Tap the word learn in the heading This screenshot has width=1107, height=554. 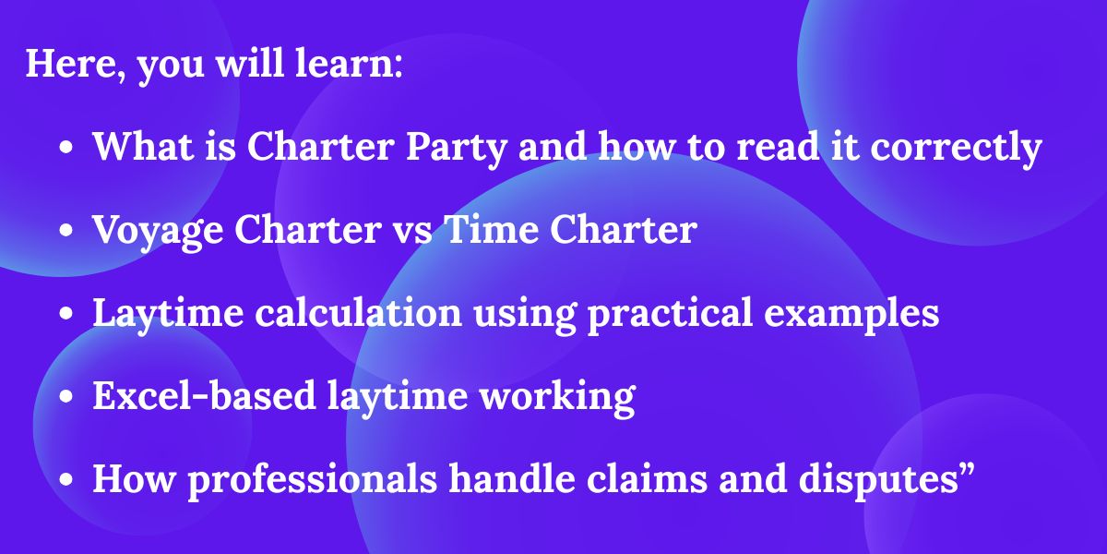tap(349, 64)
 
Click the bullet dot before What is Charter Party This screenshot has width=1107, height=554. tap(65, 148)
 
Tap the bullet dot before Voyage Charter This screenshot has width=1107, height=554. tap(65, 231)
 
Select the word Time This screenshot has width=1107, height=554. tap(492, 230)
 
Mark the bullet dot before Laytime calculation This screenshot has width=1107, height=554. tap(65, 314)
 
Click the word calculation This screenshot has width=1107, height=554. tap(358, 313)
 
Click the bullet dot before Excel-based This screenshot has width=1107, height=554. tap(65, 397)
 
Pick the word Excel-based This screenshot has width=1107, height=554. tap(204, 396)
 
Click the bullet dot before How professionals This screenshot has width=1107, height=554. tap(65, 480)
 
